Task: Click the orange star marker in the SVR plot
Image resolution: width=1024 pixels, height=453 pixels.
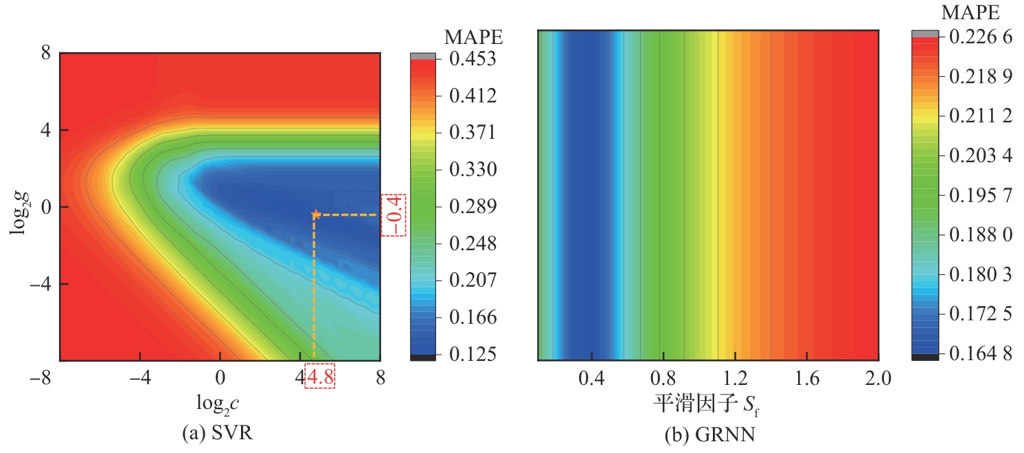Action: (315, 214)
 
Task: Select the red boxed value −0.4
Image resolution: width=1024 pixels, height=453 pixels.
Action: (394, 214)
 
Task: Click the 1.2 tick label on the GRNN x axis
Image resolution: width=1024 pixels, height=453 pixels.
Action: (735, 378)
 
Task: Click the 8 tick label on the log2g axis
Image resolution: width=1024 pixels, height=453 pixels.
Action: (47, 52)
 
